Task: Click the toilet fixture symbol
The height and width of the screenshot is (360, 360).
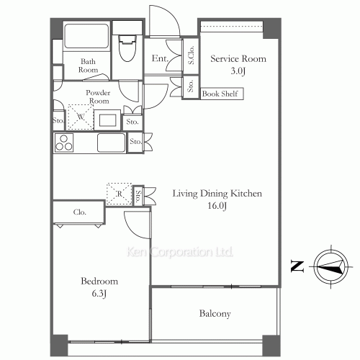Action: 127,48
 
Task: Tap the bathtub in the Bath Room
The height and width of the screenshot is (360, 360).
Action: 86,36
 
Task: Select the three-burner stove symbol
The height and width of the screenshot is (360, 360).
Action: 64,143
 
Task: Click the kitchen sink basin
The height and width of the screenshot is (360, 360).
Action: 112,143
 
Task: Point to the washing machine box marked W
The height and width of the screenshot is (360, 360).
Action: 81,117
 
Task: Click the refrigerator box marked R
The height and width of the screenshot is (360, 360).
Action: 120,194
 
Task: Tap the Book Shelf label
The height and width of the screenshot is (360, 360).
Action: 220,94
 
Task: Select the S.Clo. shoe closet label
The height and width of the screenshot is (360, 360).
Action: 191,55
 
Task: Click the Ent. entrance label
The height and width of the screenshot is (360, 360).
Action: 160,58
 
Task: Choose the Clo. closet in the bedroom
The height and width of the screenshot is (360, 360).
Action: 79,212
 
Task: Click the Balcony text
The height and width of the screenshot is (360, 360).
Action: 215,314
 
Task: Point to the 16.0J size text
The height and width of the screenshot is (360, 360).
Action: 217,206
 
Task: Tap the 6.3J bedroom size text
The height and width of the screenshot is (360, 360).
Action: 99,294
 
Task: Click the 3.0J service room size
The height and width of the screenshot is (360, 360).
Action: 238,71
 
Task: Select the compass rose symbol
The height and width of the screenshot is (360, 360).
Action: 331,266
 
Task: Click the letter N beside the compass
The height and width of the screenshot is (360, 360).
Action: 297,266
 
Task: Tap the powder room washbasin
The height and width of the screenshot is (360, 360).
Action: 107,120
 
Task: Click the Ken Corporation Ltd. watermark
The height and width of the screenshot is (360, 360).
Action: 180,252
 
